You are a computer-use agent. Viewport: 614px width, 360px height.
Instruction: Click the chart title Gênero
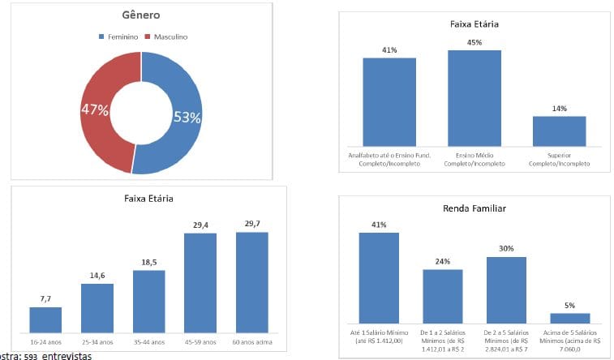tap(140, 15)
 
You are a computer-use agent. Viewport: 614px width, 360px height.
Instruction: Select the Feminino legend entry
tap(122, 36)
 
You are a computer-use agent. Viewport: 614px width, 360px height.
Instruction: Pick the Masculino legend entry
tap(169, 36)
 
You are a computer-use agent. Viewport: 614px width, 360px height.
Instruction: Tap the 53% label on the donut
tap(187, 118)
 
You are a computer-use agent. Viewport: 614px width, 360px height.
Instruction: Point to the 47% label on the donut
tap(94, 109)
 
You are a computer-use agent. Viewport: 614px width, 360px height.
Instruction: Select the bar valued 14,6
tap(97, 307)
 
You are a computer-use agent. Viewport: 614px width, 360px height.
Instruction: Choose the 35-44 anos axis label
tap(148, 341)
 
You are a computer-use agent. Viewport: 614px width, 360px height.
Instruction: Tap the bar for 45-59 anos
tap(200, 282)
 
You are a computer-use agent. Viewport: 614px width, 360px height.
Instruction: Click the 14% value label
tap(559, 108)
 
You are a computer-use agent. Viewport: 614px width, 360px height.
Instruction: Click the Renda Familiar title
tap(474, 208)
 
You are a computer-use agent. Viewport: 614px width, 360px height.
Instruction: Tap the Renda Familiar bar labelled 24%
tap(442, 296)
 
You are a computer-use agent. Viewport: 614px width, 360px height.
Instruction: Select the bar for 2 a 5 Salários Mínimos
tap(506, 290)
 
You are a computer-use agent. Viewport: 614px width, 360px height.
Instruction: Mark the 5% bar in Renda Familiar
tap(570, 318)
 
